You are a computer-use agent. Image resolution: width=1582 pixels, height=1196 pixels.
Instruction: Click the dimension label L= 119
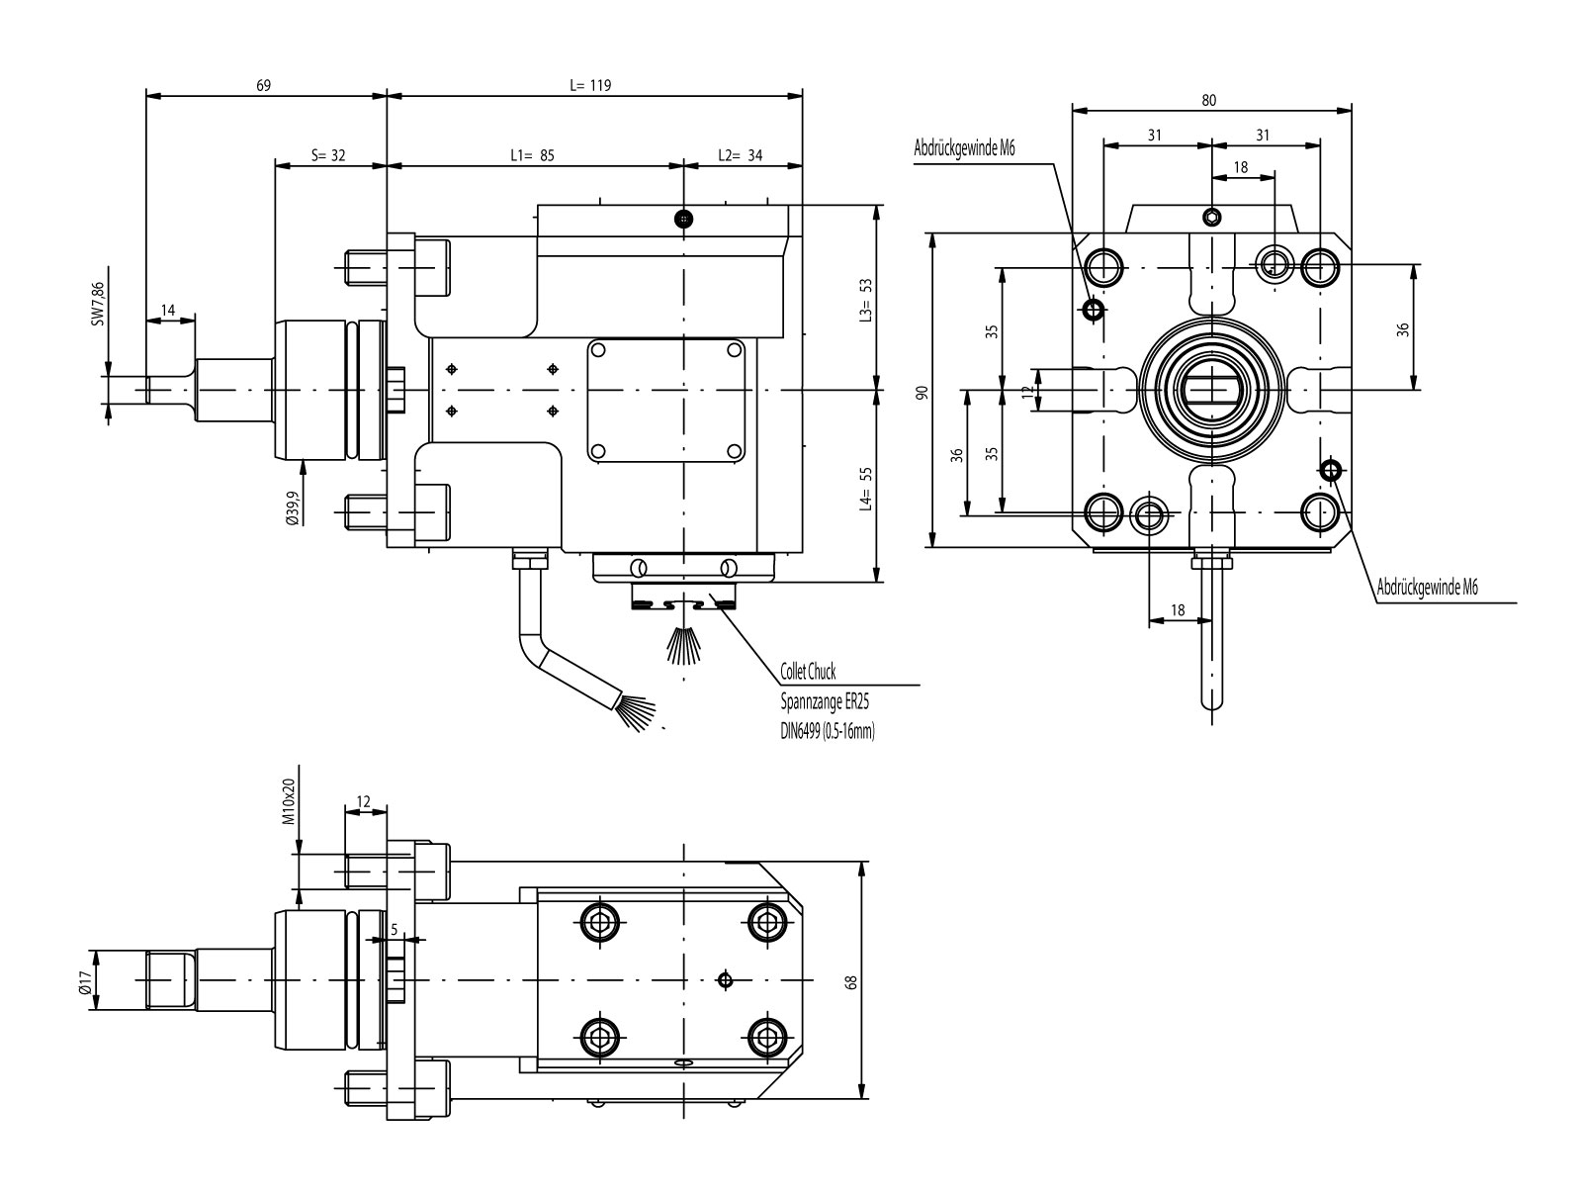[x=590, y=85]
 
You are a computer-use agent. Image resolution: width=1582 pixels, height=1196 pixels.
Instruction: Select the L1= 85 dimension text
[x=532, y=155]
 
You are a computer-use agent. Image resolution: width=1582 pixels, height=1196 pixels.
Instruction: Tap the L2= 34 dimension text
[x=740, y=155]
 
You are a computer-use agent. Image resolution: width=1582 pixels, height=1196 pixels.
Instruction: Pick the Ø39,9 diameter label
[x=293, y=505]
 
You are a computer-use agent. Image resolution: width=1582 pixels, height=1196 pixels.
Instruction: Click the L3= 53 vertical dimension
[x=865, y=299]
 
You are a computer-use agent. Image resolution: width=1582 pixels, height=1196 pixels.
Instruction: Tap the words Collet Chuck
[x=808, y=673]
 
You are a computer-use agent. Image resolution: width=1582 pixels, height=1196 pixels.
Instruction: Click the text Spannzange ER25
[x=824, y=701]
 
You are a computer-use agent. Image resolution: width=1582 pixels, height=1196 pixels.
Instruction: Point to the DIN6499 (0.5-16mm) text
[x=829, y=732]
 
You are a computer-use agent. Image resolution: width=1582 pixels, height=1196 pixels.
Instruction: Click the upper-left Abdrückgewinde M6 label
[x=963, y=148]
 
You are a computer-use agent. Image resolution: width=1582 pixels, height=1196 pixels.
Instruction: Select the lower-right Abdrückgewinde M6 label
[x=1427, y=588]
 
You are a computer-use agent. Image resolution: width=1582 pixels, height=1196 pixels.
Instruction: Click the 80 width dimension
[x=1209, y=100]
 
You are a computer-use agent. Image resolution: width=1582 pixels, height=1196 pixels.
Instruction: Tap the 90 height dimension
[x=922, y=393]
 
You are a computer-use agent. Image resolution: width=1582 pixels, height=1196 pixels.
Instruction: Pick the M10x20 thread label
[x=289, y=802]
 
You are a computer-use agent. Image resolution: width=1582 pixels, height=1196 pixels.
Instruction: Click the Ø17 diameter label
[x=85, y=980]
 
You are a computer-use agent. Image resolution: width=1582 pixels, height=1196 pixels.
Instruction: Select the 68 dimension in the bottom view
[x=851, y=981]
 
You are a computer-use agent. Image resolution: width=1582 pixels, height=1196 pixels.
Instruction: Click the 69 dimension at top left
[x=263, y=85]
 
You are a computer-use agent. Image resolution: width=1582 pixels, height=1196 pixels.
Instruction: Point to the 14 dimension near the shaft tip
[x=168, y=311]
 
